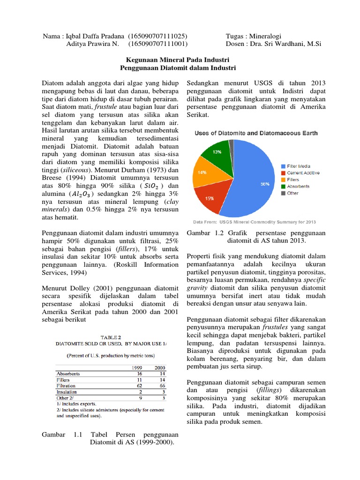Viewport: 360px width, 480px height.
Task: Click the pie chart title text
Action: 255,133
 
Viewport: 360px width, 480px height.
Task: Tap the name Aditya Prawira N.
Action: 93,44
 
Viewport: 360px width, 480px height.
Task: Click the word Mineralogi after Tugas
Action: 272,36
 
